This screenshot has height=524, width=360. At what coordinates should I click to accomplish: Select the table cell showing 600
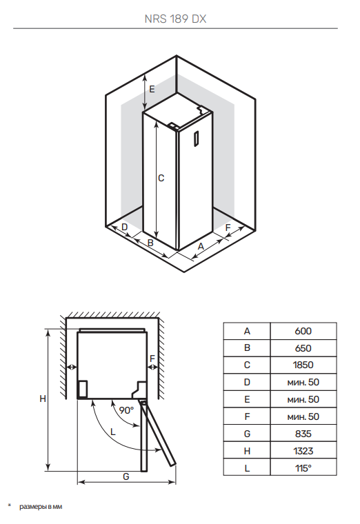click(x=303, y=331)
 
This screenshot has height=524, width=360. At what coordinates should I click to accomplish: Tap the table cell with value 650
click(x=303, y=348)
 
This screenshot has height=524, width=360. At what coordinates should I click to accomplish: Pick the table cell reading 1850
click(x=303, y=365)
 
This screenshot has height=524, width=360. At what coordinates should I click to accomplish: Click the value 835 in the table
click(x=303, y=434)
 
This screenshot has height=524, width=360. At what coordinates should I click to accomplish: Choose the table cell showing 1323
click(x=303, y=451)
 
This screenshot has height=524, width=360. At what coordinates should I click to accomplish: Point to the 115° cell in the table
click(x=303, y=468)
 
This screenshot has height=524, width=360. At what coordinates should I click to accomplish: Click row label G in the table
click(x=247, y=434)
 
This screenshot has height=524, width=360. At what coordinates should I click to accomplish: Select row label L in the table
click(x=247, y=468)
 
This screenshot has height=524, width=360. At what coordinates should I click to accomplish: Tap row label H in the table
click(x=247, y=451)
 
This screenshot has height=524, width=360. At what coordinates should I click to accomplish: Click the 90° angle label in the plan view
click(x=126, y=410)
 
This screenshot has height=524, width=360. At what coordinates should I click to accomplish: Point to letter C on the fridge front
click(x=161, y=178)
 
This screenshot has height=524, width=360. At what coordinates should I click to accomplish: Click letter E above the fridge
click(x=152, y=89)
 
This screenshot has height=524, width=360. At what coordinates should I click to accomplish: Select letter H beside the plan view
click(x=42, y=399)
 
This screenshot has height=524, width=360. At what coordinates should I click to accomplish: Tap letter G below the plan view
click(x=126, y=476)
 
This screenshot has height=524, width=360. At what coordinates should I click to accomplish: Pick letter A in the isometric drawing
click(x=201, y=246)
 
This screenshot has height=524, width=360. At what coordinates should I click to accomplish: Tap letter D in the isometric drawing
click(x=125, y=227)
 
